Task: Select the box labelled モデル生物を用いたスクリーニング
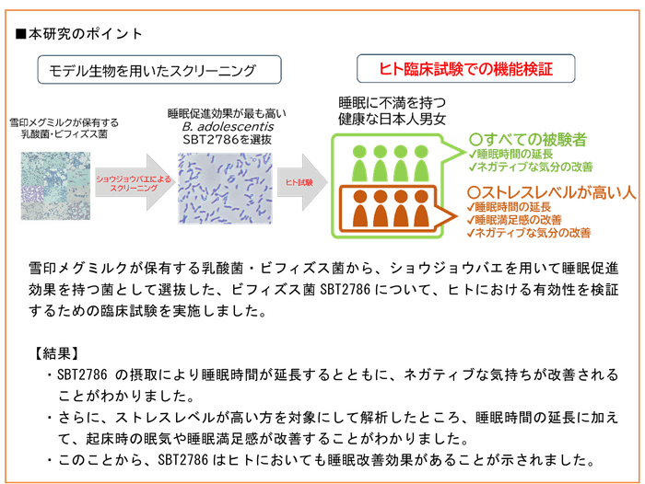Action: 151,70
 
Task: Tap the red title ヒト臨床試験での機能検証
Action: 466,69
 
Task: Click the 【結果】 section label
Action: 54,352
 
